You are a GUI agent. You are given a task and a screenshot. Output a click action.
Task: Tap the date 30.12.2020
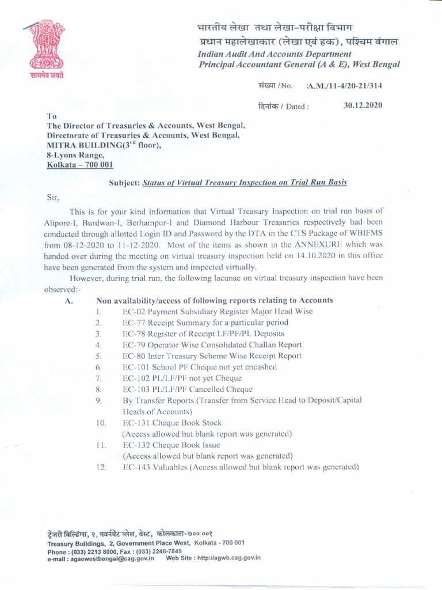363,106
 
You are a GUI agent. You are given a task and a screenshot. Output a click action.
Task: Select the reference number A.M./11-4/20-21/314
345,86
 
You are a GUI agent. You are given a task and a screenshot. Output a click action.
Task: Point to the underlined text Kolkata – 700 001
80,165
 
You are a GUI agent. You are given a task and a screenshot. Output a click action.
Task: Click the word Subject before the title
125,183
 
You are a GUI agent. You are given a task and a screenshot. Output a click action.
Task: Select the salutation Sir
53,196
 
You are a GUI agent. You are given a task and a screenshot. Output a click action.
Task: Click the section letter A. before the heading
68,301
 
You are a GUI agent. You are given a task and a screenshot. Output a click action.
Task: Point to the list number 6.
99,367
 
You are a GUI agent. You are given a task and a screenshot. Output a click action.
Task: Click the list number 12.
101,467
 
